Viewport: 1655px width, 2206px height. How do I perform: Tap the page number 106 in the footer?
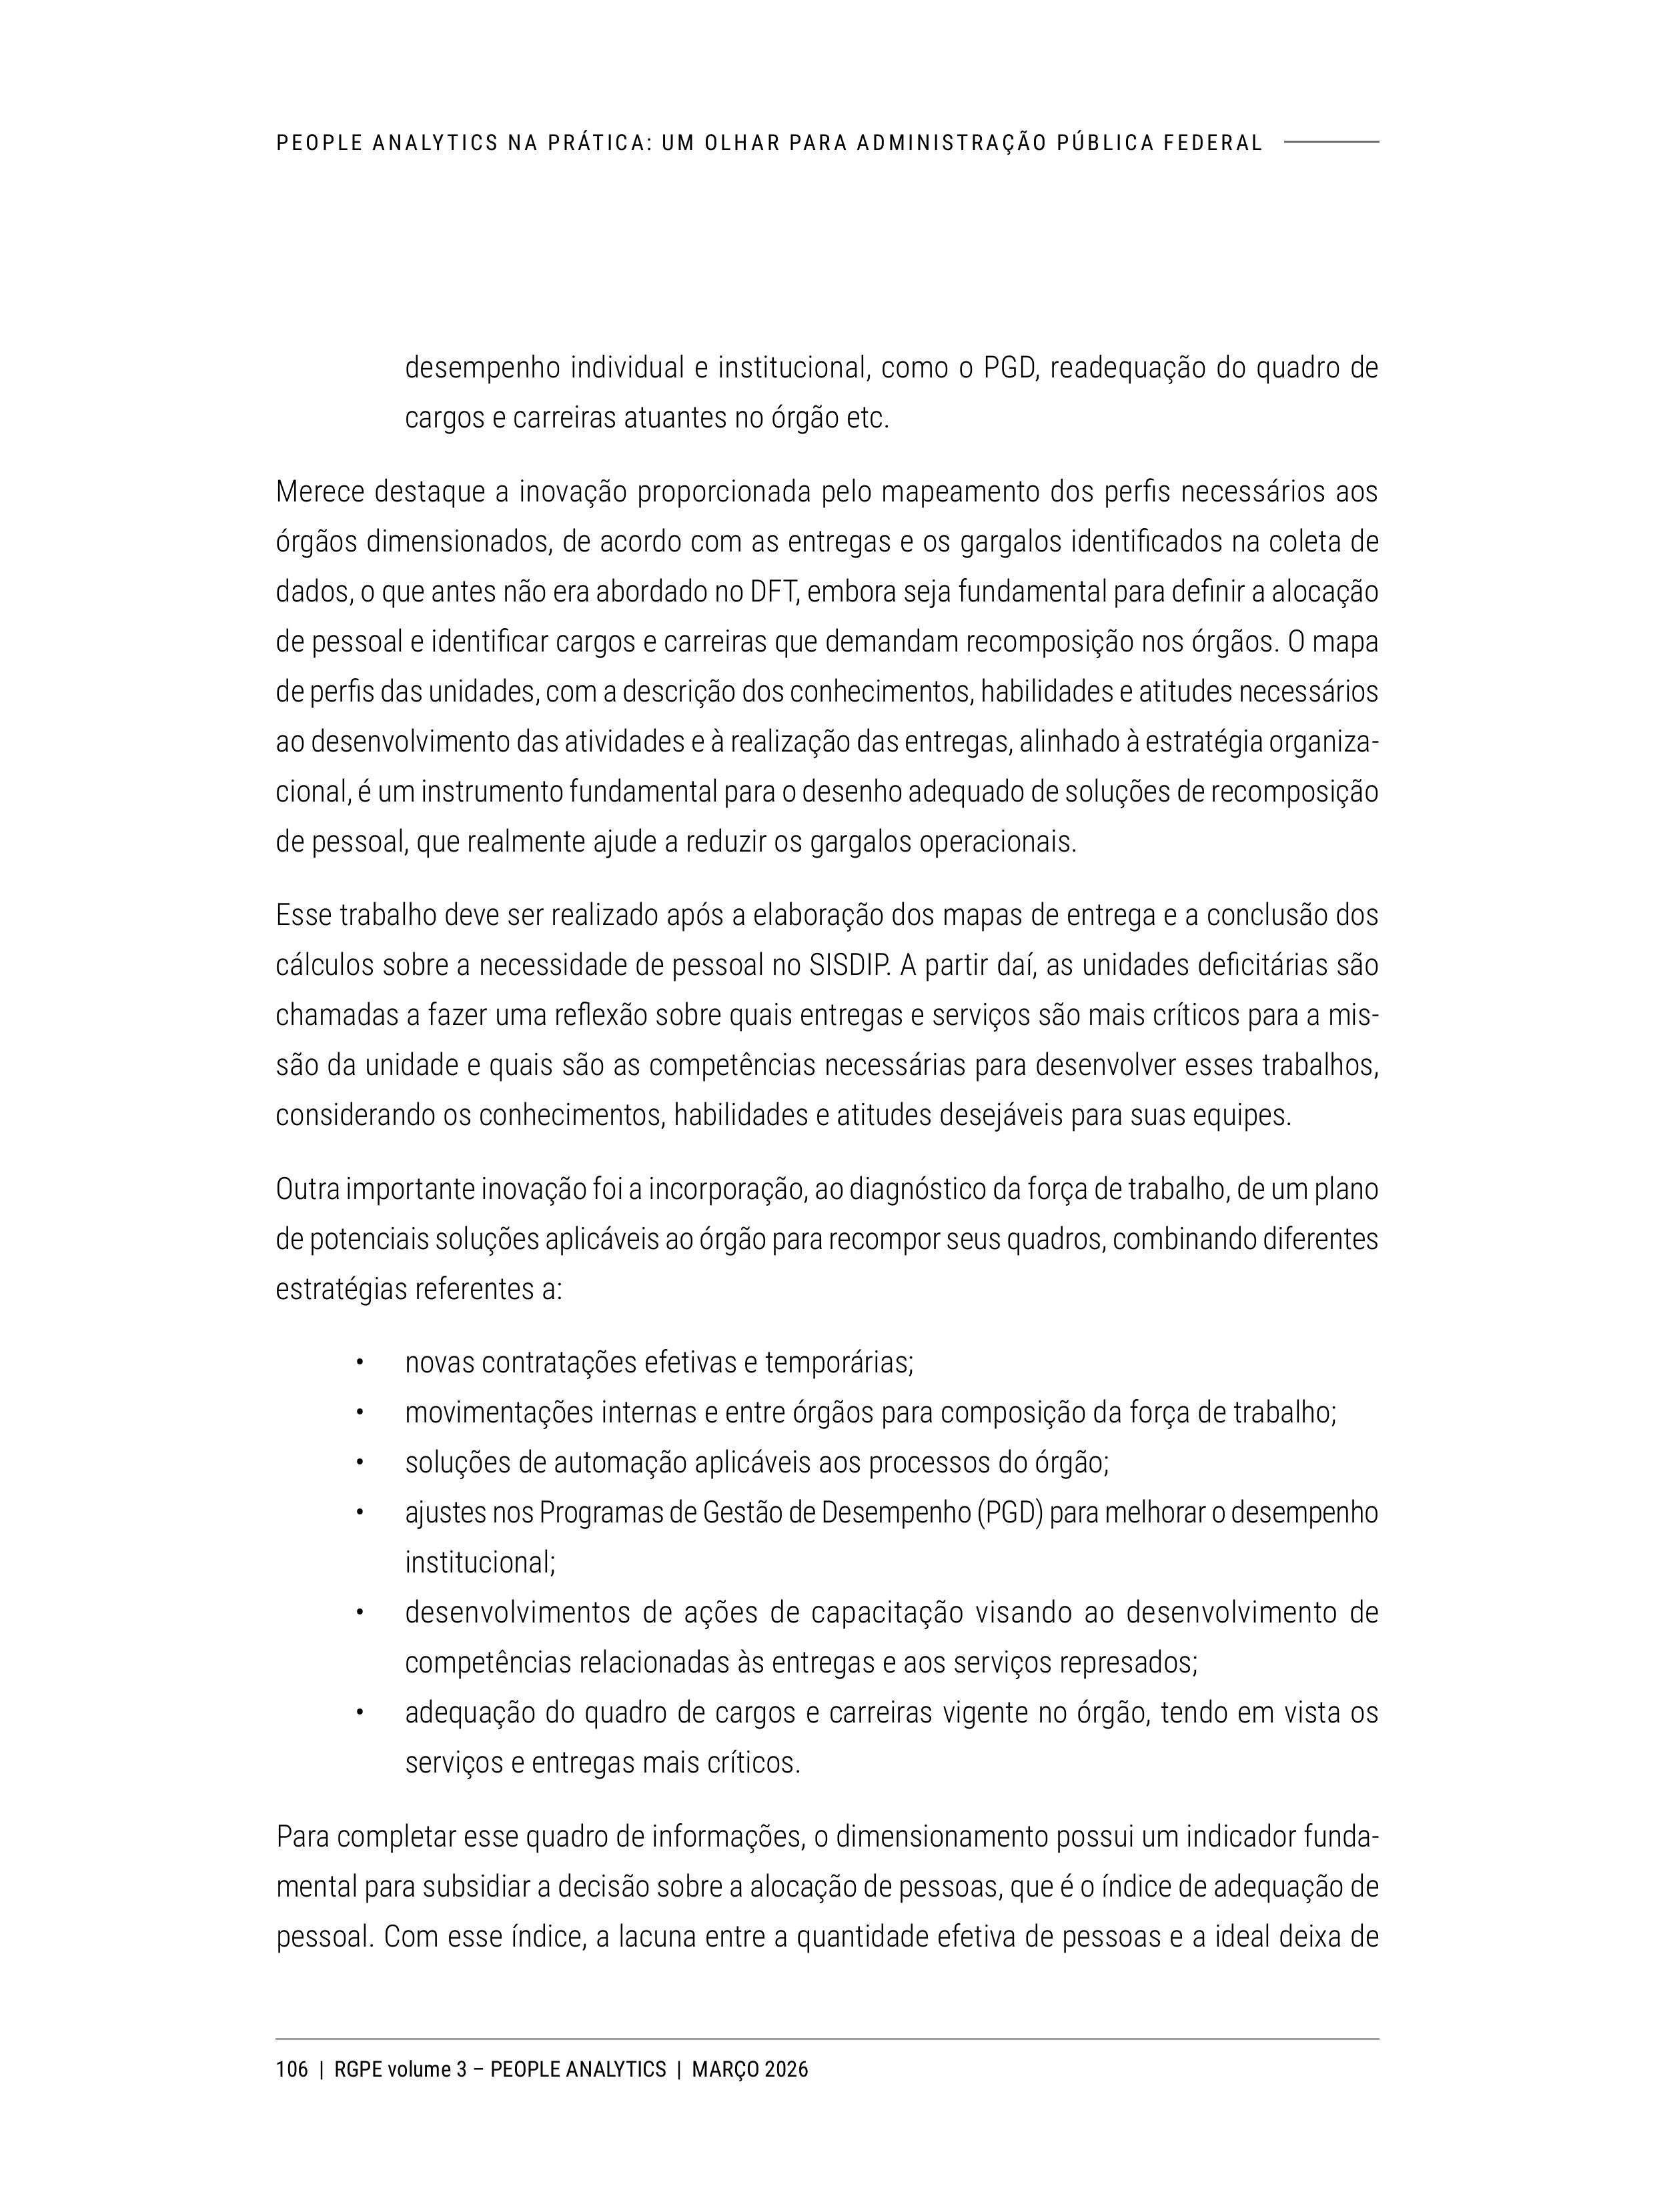pyautogui.click(x=292, y=2069)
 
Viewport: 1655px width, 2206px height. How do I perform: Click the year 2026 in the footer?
pyautogui.click(x=787, y=2069)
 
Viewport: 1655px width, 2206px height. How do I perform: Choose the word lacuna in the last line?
pyautogui.click(x=656, y=1937)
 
